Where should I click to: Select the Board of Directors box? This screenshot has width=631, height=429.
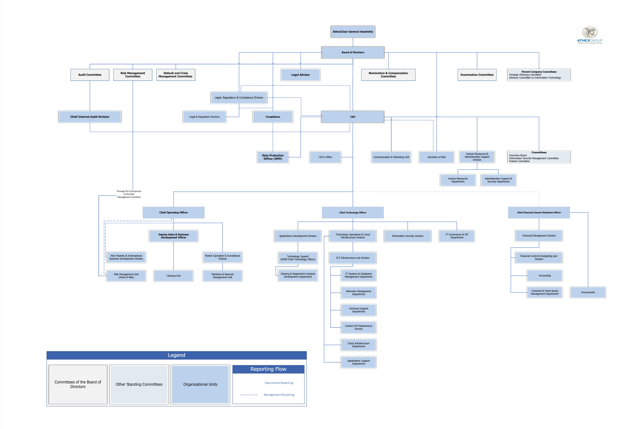point(353,52)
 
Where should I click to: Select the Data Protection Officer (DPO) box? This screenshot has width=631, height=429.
point(273,157)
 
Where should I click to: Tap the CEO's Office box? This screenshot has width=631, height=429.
point(325,157)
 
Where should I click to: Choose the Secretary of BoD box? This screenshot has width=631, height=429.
point(437,157)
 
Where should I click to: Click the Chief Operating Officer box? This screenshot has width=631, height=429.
point(173,212)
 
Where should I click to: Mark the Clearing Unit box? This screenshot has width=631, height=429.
point(173,276)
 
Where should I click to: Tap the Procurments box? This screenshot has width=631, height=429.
point(588,293)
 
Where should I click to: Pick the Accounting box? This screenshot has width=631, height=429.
point(545,276)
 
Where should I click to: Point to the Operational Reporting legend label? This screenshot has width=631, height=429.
point(279,383)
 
